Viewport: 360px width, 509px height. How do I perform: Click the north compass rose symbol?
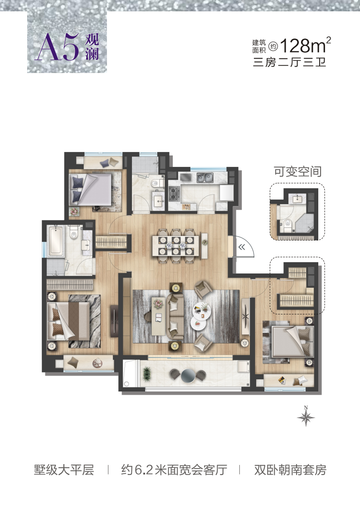click(x=306, y=416)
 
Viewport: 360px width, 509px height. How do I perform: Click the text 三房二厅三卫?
click(x=289, y=62)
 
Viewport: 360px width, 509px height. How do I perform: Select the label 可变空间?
click(x=298, y=171)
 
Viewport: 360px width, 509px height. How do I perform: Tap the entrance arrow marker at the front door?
click(x=242, y=247)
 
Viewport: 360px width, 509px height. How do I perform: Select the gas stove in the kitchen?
click(x=174, y=192)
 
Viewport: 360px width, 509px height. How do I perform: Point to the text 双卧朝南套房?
click(x=290, y=470)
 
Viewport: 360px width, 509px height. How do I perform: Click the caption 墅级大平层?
click(x=64, y=470)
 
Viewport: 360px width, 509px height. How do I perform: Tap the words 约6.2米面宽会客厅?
click(x=174, y=470)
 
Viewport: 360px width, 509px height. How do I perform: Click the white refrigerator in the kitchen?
click(x=226, y=193)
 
